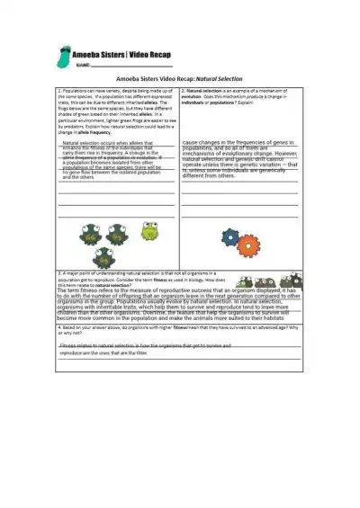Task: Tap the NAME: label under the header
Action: click(x=85, y=66)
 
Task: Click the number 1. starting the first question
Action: click(x=59, y=91)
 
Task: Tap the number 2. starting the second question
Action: click(x=183, y=91)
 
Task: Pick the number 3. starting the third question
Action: click(x=59, y=271)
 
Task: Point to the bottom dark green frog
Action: click(x=105, y=256)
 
